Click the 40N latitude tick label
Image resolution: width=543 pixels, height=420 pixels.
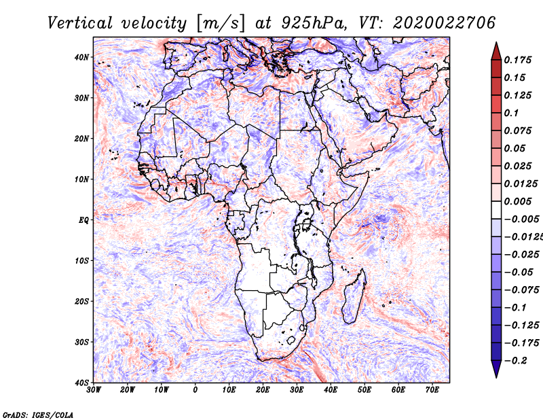[81, 57]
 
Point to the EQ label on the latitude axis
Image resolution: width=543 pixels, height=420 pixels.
[83, 220]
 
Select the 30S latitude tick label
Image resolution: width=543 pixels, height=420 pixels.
[81, 342]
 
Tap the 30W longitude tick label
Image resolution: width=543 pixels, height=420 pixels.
[94, 390]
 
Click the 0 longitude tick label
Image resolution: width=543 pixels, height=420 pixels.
[195, 390]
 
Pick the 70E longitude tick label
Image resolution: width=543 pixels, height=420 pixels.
[432, 390]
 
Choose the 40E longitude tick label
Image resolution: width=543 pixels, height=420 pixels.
[331, 390]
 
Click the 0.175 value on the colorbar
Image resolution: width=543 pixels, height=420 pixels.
[518, 60]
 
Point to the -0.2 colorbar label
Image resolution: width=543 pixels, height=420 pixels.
[516, 360]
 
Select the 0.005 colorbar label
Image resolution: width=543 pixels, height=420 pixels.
[518, 201]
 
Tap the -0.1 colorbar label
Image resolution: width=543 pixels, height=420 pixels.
[516, 307]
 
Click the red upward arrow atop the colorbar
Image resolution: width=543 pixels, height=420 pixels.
[496, 52]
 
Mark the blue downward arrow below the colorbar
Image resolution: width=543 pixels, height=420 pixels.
[496, 369]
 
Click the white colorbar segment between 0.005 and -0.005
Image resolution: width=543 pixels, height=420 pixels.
[496, 210]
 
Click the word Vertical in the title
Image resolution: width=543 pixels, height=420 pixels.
[80, 23]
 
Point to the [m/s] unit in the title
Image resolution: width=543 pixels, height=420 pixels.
[221, 23]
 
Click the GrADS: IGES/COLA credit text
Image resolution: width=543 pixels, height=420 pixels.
[38, 415]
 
